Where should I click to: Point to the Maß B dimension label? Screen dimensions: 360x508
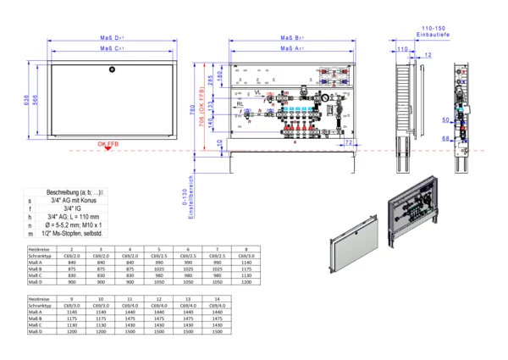294,38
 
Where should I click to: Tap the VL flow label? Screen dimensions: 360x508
257,90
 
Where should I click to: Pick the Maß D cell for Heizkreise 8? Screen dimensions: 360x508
248,282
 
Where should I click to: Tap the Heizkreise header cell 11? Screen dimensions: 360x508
130,300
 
